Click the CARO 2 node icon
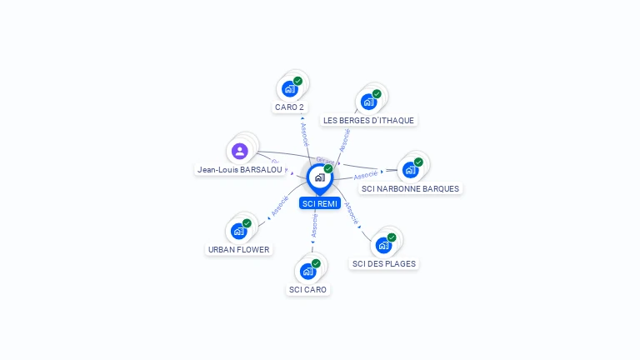tap(290, 89)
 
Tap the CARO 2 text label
tap(289, 107)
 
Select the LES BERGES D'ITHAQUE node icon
tap(368, 102)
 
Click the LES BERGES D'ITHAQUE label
tap(368, 121)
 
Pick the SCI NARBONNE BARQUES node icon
tap(410, 170)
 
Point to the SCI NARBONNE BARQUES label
tap(410, 189)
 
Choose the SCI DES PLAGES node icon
tap(384, 245)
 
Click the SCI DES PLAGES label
tap(384, 264)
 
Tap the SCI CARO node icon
tap(308, 271)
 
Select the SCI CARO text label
tap(308, 290)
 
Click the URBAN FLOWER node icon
tap(239, 231)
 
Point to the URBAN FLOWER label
tap(238, 249)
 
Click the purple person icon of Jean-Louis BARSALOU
tap(240, 151)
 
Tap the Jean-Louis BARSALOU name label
tap(240, 170)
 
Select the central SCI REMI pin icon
tap(319, 177)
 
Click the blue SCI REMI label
tap(320, 203)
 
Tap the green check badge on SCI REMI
tap(328, 168)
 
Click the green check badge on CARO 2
tap(297, 81)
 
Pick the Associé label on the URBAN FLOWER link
tap(280, 206)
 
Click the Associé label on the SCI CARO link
tap(315, 225)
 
